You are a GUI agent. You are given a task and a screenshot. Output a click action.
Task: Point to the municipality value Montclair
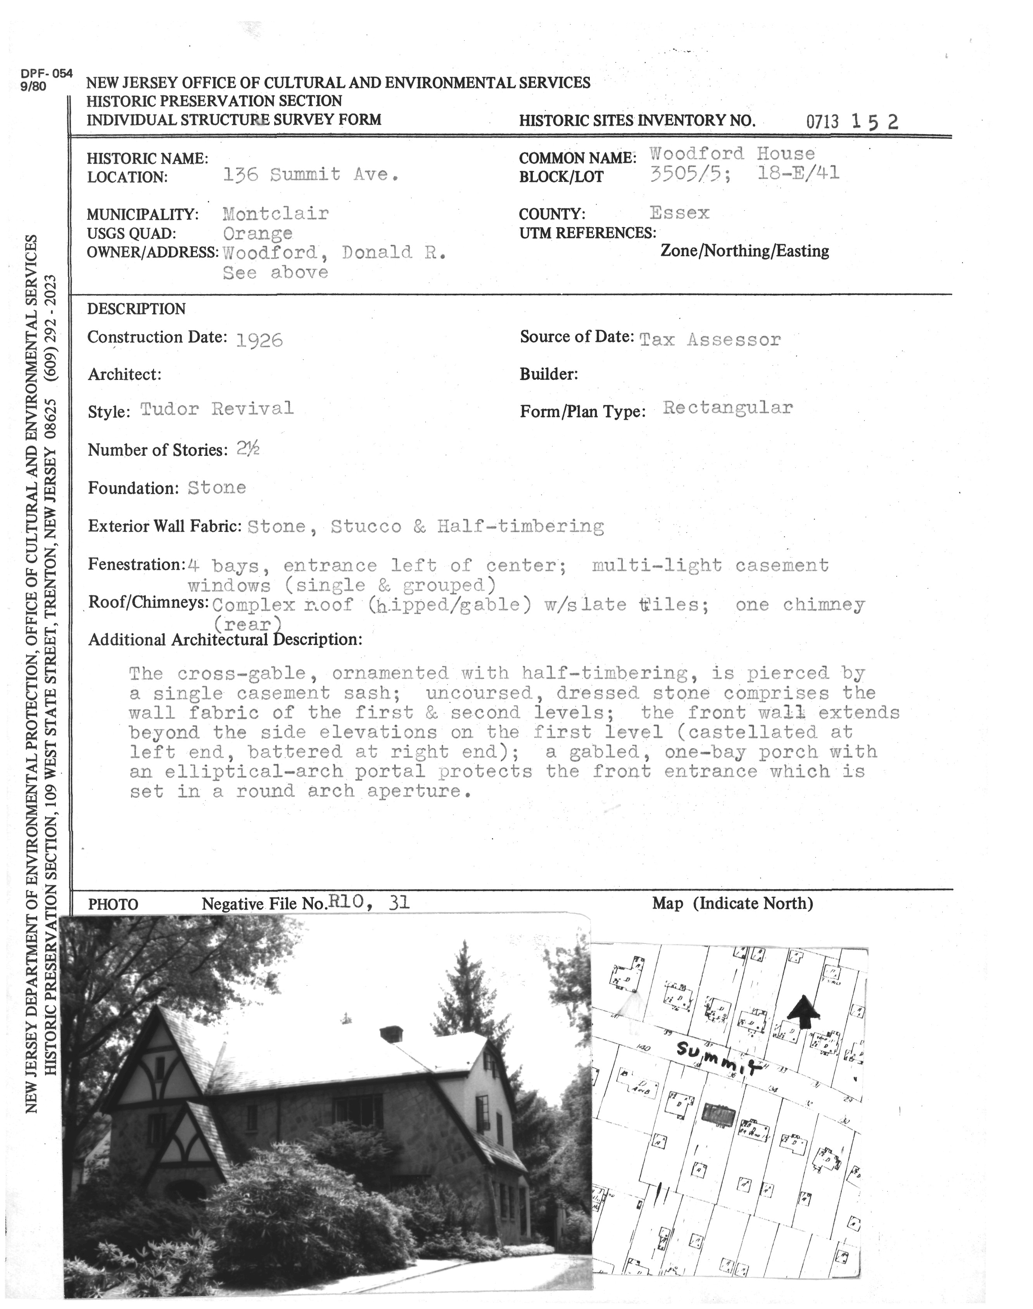(x=275, y=214)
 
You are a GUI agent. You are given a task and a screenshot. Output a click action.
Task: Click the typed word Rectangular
(x=727, y=407)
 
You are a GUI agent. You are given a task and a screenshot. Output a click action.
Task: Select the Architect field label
(x=124, y=375)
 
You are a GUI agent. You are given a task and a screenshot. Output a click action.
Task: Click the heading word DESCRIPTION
(x=136, y=309)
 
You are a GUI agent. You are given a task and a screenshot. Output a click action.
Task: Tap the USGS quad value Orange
(x=257, y=233)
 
